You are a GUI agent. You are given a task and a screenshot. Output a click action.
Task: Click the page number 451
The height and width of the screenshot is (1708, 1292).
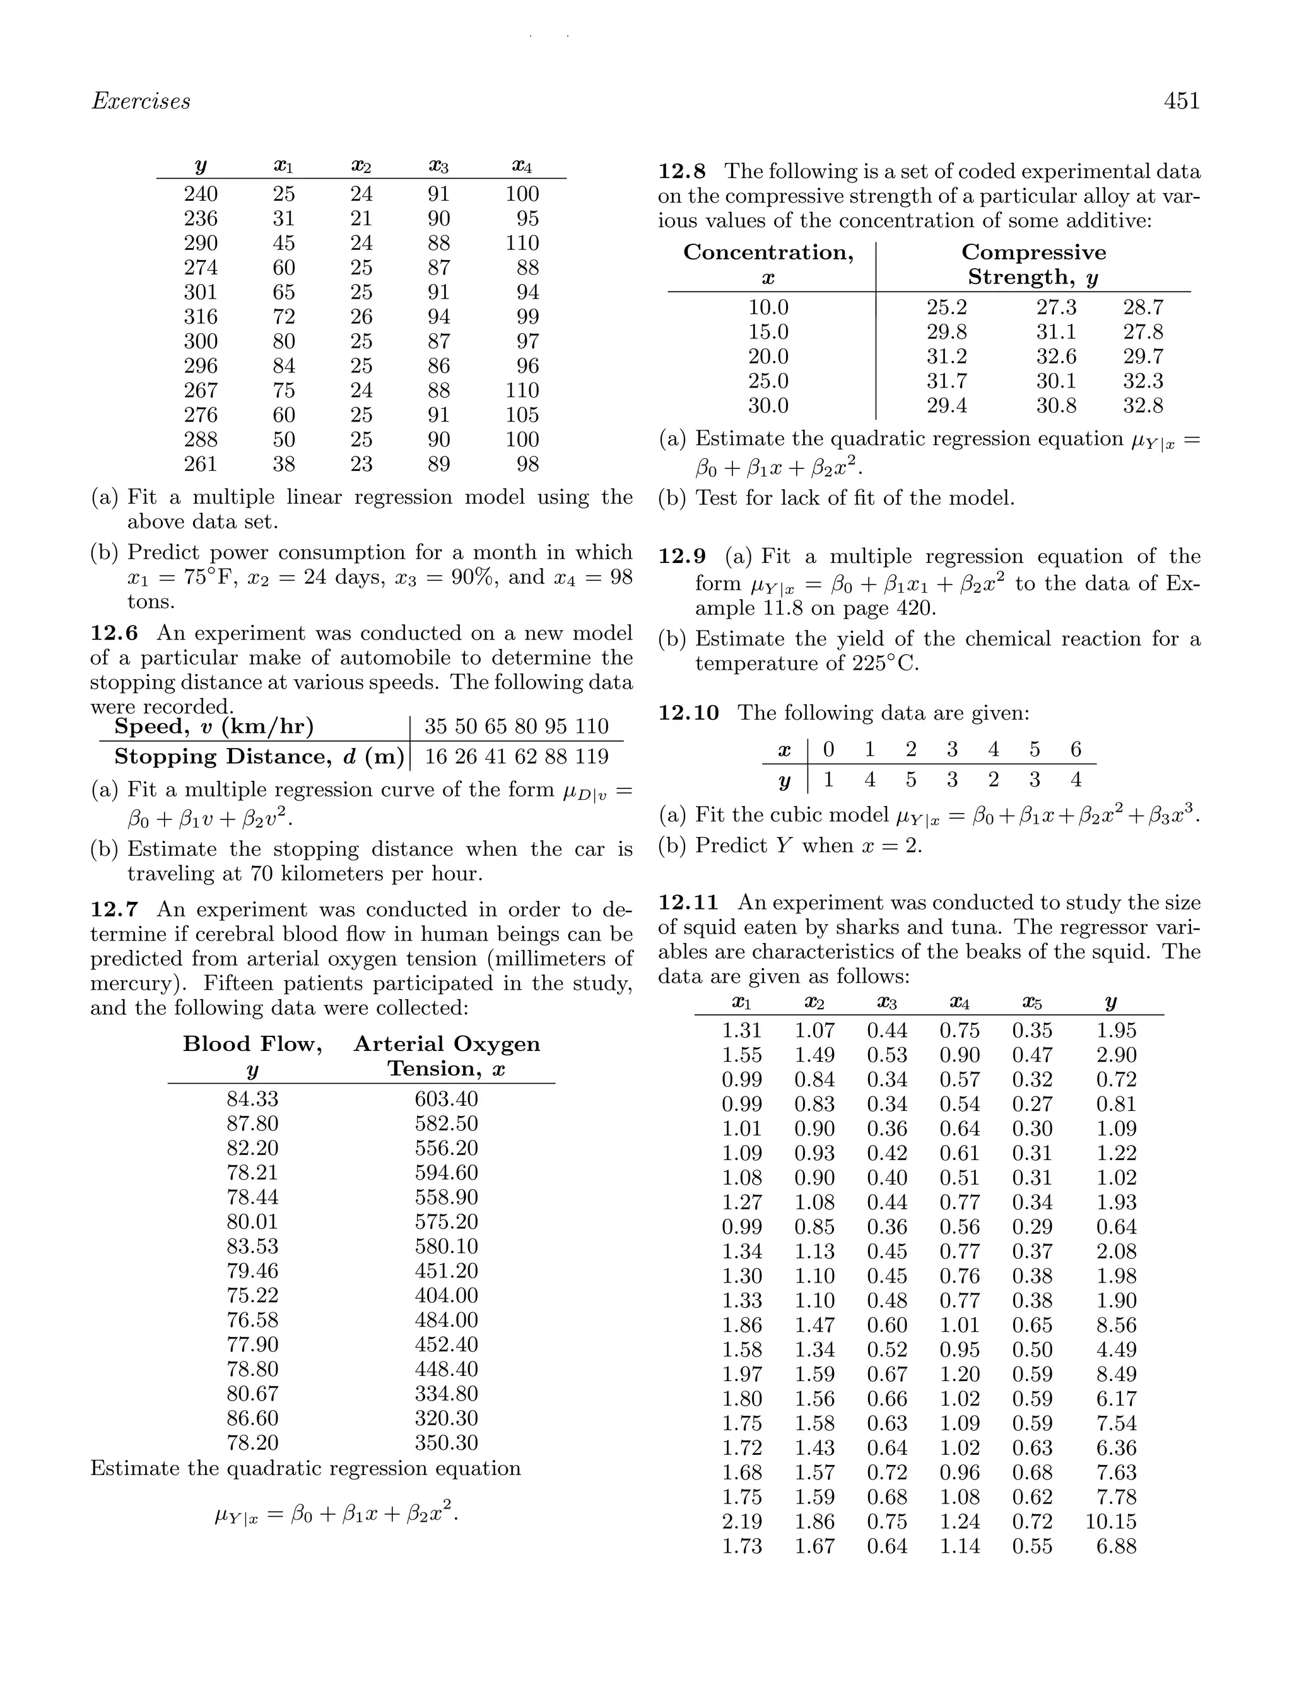[1181, 101]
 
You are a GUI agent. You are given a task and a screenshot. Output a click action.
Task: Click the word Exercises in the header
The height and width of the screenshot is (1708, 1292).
[141, 101]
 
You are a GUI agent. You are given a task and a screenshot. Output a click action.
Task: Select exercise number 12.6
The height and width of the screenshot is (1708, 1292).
[114, 633]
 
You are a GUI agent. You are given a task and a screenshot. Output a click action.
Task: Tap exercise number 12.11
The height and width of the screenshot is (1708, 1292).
[688, 902]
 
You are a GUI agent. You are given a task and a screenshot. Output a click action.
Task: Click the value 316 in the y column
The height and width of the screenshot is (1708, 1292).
[201, 317]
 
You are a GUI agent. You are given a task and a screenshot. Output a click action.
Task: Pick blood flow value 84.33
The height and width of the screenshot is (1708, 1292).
[252, 1099]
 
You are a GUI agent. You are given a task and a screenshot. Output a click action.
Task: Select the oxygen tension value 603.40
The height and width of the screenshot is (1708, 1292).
[446, 1099]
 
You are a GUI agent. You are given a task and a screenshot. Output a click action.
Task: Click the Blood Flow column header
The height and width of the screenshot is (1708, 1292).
[252, 1044]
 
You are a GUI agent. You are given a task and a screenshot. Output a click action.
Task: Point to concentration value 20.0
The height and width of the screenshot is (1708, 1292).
[768, 356]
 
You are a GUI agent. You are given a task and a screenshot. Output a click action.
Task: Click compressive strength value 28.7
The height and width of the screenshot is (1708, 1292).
[1142, 307]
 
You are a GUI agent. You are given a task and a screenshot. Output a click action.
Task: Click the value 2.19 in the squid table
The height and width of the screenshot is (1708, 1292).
[742, 1521]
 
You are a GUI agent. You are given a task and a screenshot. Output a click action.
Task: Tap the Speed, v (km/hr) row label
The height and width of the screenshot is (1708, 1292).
[214, 726]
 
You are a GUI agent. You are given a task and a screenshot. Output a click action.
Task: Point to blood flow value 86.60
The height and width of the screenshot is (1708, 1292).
[252, 1418]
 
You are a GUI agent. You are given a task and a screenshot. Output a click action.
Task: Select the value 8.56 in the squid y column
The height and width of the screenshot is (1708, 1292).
[1116, 1325]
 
